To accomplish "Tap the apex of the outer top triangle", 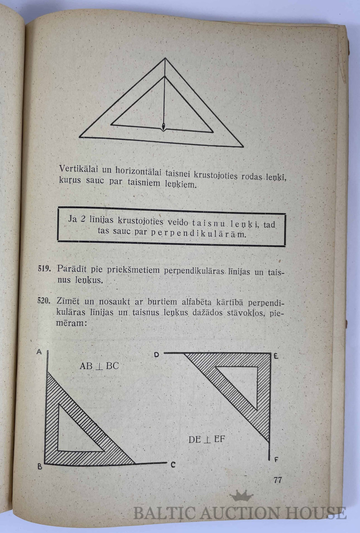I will point(165,58).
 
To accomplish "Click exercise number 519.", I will point(44,269).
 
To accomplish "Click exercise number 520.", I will point(44,301).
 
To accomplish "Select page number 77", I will point(278,480).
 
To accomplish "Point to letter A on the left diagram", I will point(39,352).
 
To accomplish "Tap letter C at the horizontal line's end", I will point(173,465).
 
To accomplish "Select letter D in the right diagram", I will point(156,354).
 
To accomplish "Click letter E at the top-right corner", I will point(276,355).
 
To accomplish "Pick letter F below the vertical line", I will point(276,459).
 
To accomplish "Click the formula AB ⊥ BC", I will point(99,366).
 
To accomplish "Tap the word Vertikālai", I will point(76,169).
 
